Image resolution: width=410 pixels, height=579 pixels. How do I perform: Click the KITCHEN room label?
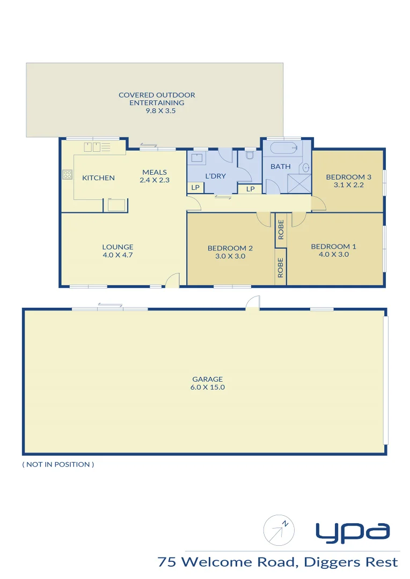[x=98, y=178]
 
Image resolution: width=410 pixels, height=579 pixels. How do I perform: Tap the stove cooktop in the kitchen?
[x=68, y=174]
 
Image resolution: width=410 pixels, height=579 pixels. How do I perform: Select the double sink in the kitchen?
[x=93, y=147]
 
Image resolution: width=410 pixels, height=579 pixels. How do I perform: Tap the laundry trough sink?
[x=197, y=157]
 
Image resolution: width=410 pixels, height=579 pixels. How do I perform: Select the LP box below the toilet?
[x=250, y=189]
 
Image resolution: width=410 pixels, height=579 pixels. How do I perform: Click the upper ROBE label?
[x=281, y=229]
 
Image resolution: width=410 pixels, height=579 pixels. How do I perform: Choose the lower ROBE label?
[x=281, y=268]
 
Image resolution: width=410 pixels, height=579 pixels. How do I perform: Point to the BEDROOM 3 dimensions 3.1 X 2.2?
[x=348, y=185]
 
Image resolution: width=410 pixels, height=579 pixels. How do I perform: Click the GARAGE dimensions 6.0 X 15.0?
[x=208, y=387]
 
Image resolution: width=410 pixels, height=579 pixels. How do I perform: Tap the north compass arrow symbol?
[x=279, y=531]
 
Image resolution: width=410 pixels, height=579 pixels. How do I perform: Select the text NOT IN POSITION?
[x=58, y=464]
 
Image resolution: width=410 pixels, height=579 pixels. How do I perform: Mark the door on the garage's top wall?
[x=252, y=304]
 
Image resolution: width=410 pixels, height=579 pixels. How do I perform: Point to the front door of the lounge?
[x=172, y=281]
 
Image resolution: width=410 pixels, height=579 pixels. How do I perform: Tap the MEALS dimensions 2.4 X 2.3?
[x=155, y=180]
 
